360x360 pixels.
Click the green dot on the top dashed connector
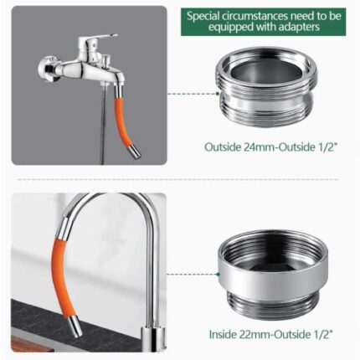pyautogui.click(x=217, y=94)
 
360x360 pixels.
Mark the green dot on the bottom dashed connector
pyautogui.click(x=218, y=275)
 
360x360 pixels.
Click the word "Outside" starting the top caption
pyautogui.click(x=223, y=147)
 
